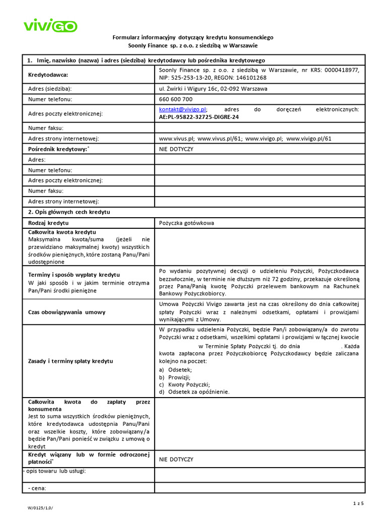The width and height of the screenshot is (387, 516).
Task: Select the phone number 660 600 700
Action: click(x=175, y=99)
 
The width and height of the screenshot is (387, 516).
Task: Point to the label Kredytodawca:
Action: click(x=48, y=75)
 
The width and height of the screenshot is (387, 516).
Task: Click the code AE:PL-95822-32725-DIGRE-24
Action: click(x=199, y=117)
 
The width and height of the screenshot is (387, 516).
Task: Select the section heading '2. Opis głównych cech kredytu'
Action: click(x=69, y=212)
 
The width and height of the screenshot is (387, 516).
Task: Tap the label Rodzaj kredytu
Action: click(x=48, y=223)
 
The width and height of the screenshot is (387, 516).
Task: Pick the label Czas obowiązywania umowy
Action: click(x=67, y=312)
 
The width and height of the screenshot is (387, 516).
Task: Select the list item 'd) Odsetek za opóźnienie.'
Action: click(x=193, y=392)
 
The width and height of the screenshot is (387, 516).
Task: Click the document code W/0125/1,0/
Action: click(x=40, y=508)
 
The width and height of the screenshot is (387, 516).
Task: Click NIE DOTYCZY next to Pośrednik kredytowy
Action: click(x=176, y=149)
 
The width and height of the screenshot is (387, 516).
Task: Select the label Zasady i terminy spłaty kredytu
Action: click(x=71, y=361)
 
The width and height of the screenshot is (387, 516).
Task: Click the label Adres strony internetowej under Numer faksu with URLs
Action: click(x=63, y=138)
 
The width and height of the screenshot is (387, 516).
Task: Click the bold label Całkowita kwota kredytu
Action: click(x=62, y=232)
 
